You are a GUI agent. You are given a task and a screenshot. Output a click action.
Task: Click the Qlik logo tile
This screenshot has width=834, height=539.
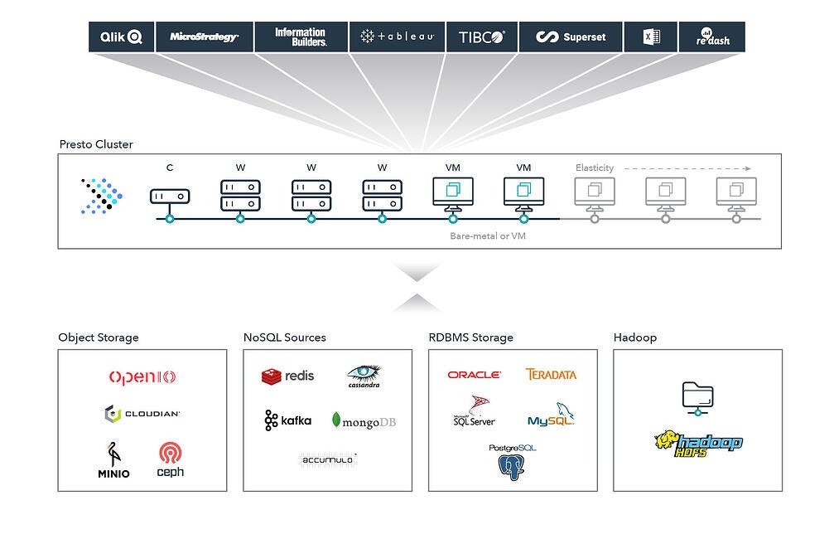pos(122,37)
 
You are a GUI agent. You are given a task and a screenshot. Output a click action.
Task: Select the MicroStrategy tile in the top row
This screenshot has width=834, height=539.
pos(204,37)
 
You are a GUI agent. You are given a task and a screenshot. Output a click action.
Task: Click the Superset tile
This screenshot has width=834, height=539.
pos(571,37)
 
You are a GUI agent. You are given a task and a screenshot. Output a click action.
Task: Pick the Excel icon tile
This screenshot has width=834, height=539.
pos(651,37)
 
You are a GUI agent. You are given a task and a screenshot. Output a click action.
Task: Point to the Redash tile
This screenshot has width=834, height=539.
pos(711,37)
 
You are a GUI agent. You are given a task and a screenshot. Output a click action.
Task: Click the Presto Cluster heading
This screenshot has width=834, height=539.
pos(96,144)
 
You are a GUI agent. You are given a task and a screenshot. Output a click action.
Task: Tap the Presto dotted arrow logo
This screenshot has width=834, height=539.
pos(102,197)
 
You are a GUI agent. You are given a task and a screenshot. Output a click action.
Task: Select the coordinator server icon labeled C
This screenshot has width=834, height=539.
pos(170,197)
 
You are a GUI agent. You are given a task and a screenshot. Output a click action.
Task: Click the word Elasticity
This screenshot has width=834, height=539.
pos(595,168)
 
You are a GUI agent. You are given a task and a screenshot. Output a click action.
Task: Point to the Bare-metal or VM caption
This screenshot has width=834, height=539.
pos(488,236)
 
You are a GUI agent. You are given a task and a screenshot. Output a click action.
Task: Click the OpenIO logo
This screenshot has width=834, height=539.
pos(142,377)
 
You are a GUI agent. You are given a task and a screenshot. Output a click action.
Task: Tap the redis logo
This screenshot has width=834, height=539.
pos(288,376)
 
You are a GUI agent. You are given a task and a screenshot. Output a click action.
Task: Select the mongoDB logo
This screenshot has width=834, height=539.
pos(364,421)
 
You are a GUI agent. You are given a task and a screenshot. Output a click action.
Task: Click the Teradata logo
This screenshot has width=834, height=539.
pos(551,375)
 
